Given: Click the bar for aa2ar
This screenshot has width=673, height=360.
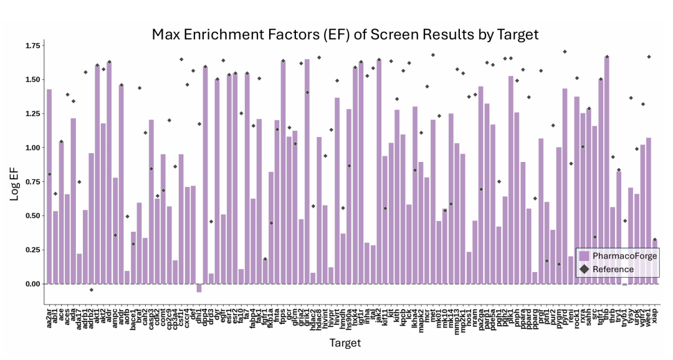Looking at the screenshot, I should pyautogui.click(x=49, y=187).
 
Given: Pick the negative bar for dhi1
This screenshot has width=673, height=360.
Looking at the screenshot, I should pyautogui.click(x=199, y=288).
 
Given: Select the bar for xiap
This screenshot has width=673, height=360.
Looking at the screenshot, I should pyautogui.click(x=654, y=262).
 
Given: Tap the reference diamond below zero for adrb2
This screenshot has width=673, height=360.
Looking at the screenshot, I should pyautogui.click(x=91, y=290).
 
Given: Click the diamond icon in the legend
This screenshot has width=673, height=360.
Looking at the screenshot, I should pyautogui.click(x=584, y=269).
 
